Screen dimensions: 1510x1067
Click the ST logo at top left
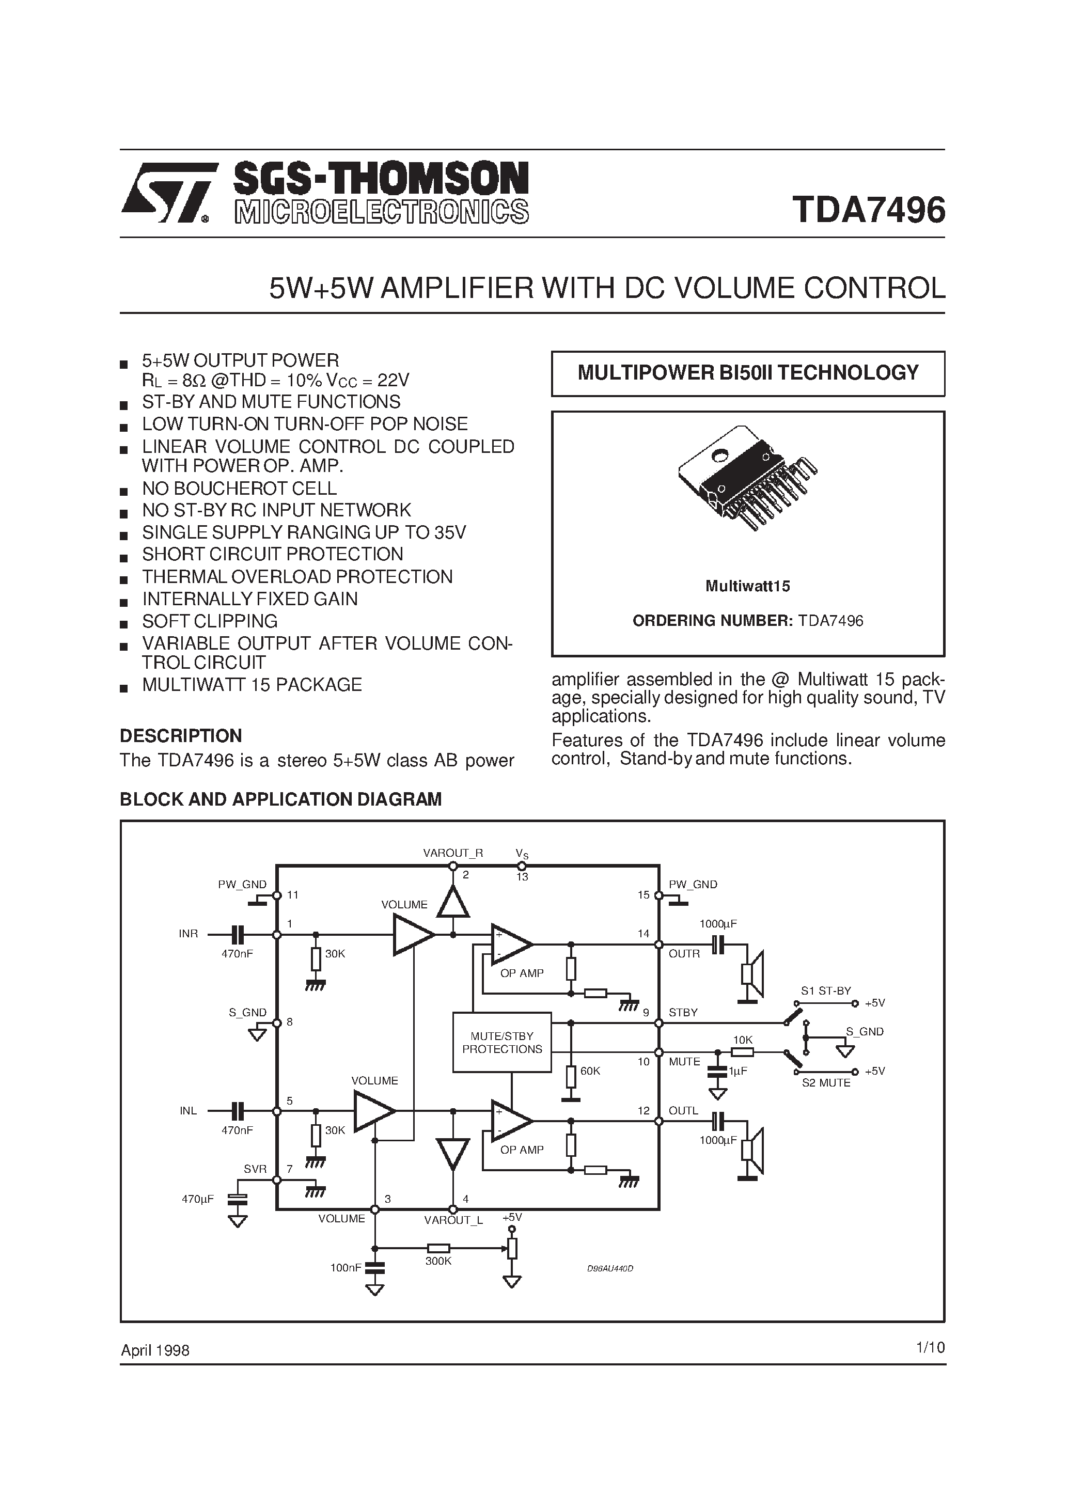[168, 193]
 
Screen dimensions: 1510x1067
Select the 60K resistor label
[590, 1071]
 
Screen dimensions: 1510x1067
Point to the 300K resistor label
[438, 1261]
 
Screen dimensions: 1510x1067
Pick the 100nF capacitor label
[346, 1267]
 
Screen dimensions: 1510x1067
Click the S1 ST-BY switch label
[826, 990]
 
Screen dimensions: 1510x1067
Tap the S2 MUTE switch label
[826, 1082]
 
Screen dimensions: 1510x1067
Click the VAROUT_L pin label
[453, 1220]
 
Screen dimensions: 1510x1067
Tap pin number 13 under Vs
[522, 877]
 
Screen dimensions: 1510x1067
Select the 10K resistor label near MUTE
[743, 1040]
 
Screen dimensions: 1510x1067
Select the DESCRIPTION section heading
[181, 735]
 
